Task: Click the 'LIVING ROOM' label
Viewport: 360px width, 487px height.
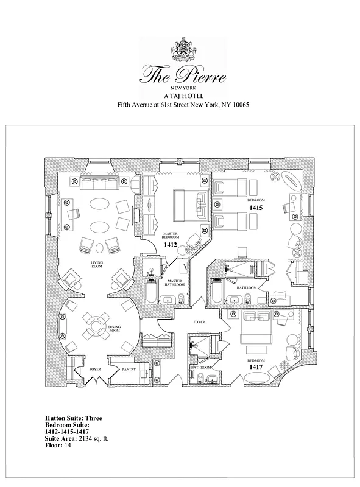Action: [x=97, y=265]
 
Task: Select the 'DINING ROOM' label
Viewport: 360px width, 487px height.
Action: [x=115, y=329]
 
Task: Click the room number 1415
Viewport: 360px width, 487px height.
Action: [x=255, y=208]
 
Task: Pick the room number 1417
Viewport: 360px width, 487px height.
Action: [x=255, y=368]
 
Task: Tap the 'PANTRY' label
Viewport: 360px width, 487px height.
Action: [x=129, y=369]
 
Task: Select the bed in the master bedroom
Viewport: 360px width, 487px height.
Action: [x=189, y=204]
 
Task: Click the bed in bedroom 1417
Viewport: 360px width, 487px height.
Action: [x=261, y=329]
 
